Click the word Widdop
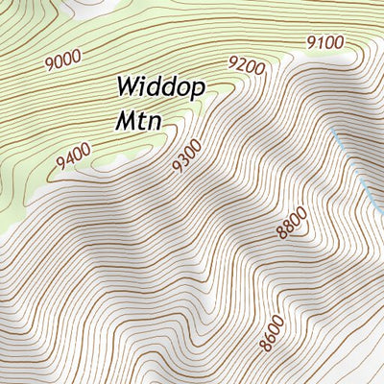pos(160,87)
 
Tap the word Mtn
pos(137,121)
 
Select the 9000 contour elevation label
pos(63,60)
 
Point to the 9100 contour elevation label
pos(324,41)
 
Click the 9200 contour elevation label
pos(246,65)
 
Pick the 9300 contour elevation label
pos(186,156)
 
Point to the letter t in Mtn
pos(140,121)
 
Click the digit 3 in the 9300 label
pos(183,159)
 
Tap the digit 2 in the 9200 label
pos(241,67)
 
